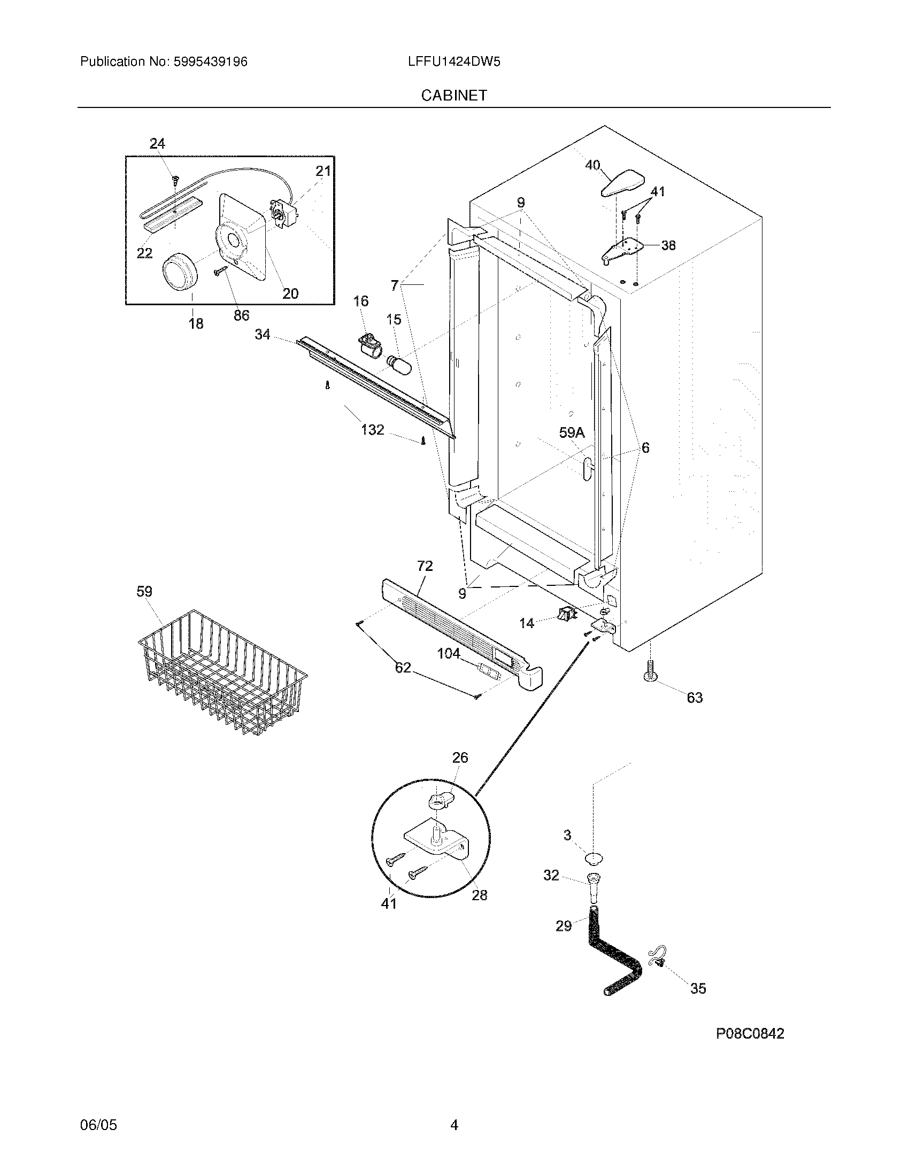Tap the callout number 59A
coord(572,433)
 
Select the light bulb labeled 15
coord(404,367)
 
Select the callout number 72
coord(425,566)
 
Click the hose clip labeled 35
coord(659,956)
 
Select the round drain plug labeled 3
coord(594,857)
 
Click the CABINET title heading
coord(454,95)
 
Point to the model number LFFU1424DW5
coord(454,62)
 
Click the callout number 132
coord(372,429)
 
